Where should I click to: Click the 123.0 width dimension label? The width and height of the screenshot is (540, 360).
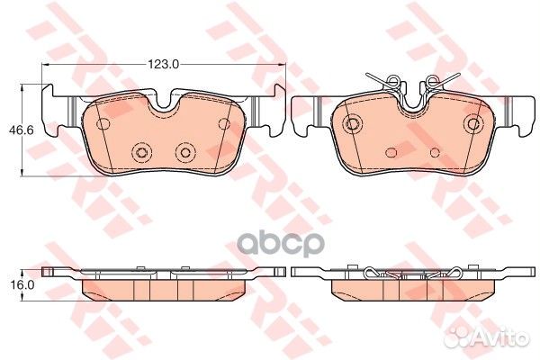point(165,63)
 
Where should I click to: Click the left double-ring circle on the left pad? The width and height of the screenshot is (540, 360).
point(139,152)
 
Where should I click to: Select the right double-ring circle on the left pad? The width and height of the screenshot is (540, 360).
point(185,152)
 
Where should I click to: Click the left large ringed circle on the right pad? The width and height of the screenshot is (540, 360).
point(355,123)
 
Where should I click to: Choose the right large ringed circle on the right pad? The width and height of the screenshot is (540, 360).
point(472,123)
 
